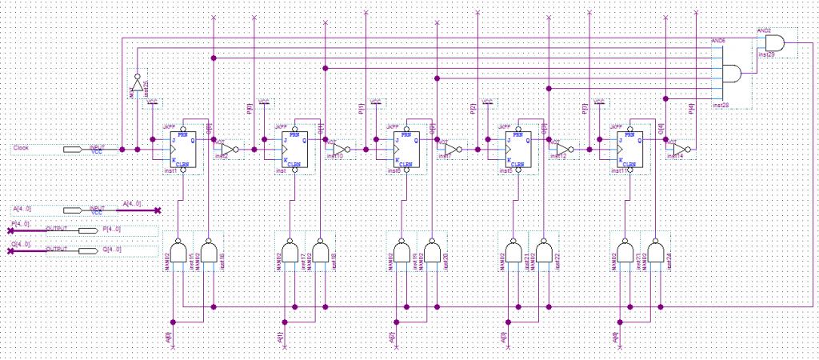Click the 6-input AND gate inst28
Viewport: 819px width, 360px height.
(733, 74)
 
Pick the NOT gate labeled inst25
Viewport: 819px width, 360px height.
(137, 85)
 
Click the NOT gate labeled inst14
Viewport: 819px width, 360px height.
(678, 150)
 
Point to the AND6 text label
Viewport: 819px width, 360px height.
(717, 39)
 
